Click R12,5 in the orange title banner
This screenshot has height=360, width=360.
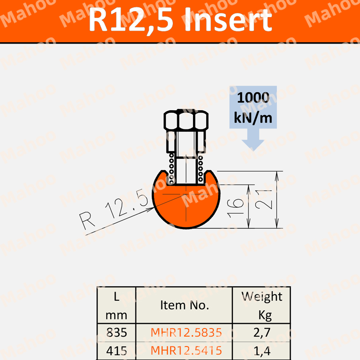pyautogui.click(x=131, y=20)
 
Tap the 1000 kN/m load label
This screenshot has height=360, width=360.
pyautogui.click(x=253, y=108)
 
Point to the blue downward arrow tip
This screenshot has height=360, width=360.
pyautogui.click(x=253, y=150)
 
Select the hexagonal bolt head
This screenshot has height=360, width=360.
pyautogui.click(x=186, y=120)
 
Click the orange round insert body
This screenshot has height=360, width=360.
pyautogui.click(x=186, y=207)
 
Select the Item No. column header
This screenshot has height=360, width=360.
pyautogui.click(x=184, y=305)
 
